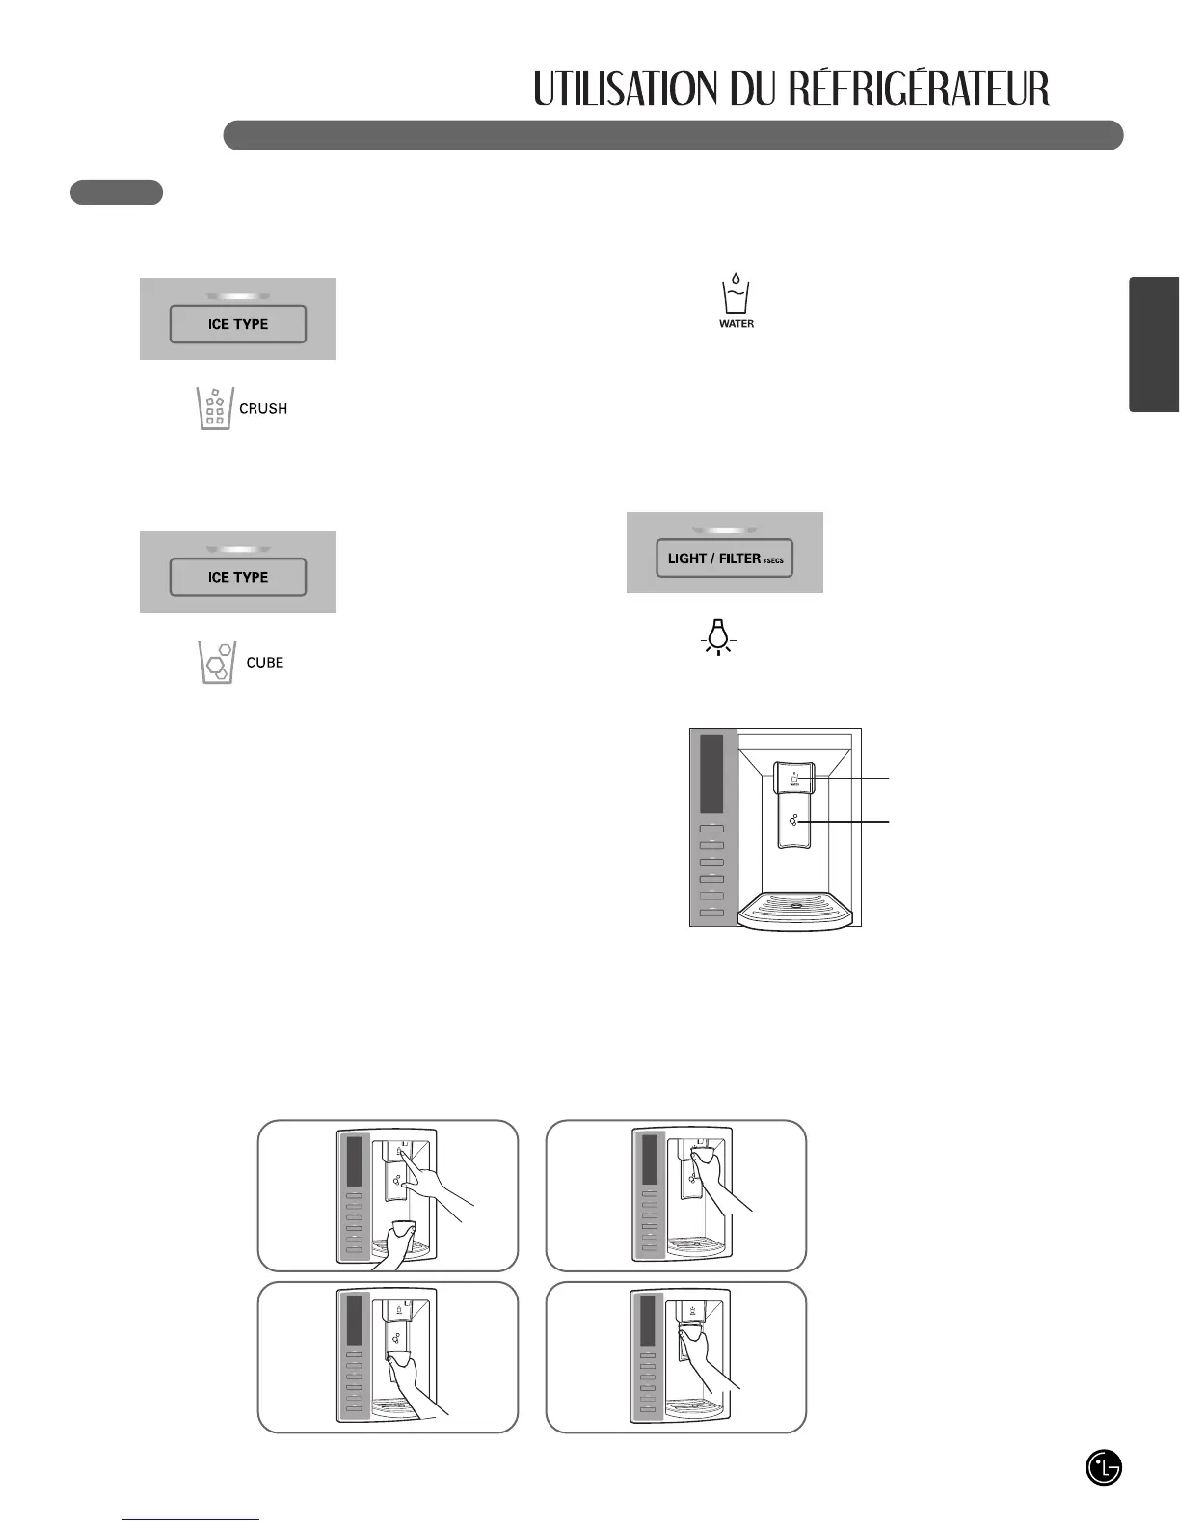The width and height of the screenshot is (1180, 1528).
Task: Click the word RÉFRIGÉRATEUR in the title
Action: tap(918, 90)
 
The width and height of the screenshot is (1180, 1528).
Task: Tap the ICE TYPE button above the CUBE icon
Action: tap(238, 577)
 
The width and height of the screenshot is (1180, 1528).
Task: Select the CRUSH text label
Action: tap(263, 409)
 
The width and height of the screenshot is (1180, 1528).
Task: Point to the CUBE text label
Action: tap(265, 663)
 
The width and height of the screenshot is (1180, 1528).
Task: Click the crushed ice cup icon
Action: tap(215, 409)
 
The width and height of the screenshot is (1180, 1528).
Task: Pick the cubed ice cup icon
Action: tap(216, 663)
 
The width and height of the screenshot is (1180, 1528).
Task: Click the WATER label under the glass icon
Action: tap(737, 324)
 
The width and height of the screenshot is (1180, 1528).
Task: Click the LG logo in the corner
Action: tap(1104, 1468)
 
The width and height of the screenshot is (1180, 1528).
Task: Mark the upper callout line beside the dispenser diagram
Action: tap(848, 777)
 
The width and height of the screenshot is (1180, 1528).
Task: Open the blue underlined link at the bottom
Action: tap(191, 1519)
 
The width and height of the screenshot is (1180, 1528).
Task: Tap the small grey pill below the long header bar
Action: tap(117, 193)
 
